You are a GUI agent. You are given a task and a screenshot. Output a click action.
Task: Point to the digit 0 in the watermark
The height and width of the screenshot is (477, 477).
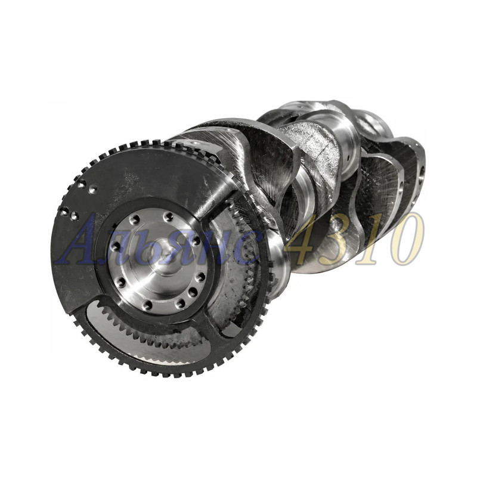point(407,239)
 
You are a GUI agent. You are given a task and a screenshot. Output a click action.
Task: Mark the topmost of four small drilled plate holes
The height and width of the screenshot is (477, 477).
point(82,184)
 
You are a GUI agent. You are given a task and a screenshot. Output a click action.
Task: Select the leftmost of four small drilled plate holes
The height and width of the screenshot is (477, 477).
point(63,210)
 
